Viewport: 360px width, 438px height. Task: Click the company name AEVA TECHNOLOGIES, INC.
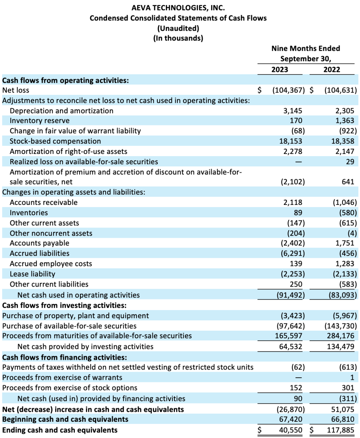(178, 8)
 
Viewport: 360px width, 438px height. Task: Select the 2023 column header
(280, 69)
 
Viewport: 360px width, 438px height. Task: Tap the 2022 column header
(332, 69)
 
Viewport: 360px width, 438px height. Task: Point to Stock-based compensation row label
(55, 141)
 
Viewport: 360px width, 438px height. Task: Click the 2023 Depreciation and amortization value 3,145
(293, 111)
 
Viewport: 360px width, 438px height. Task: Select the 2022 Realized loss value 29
(350, 162)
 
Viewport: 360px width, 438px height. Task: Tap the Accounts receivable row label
(44, 202)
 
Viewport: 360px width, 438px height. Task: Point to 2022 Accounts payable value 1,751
(345, 243)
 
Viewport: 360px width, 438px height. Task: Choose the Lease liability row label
(32, 274)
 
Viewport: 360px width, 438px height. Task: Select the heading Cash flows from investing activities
(64, 305)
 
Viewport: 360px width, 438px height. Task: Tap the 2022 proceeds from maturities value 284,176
(340, 336)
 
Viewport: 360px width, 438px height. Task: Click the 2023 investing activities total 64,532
(291, 346)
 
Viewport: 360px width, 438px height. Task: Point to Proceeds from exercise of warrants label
(62, 377)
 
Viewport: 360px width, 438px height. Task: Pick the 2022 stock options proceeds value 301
(348, 388)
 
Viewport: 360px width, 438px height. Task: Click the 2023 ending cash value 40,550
(291, 430)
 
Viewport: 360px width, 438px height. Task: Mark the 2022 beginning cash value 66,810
(343, 419)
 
